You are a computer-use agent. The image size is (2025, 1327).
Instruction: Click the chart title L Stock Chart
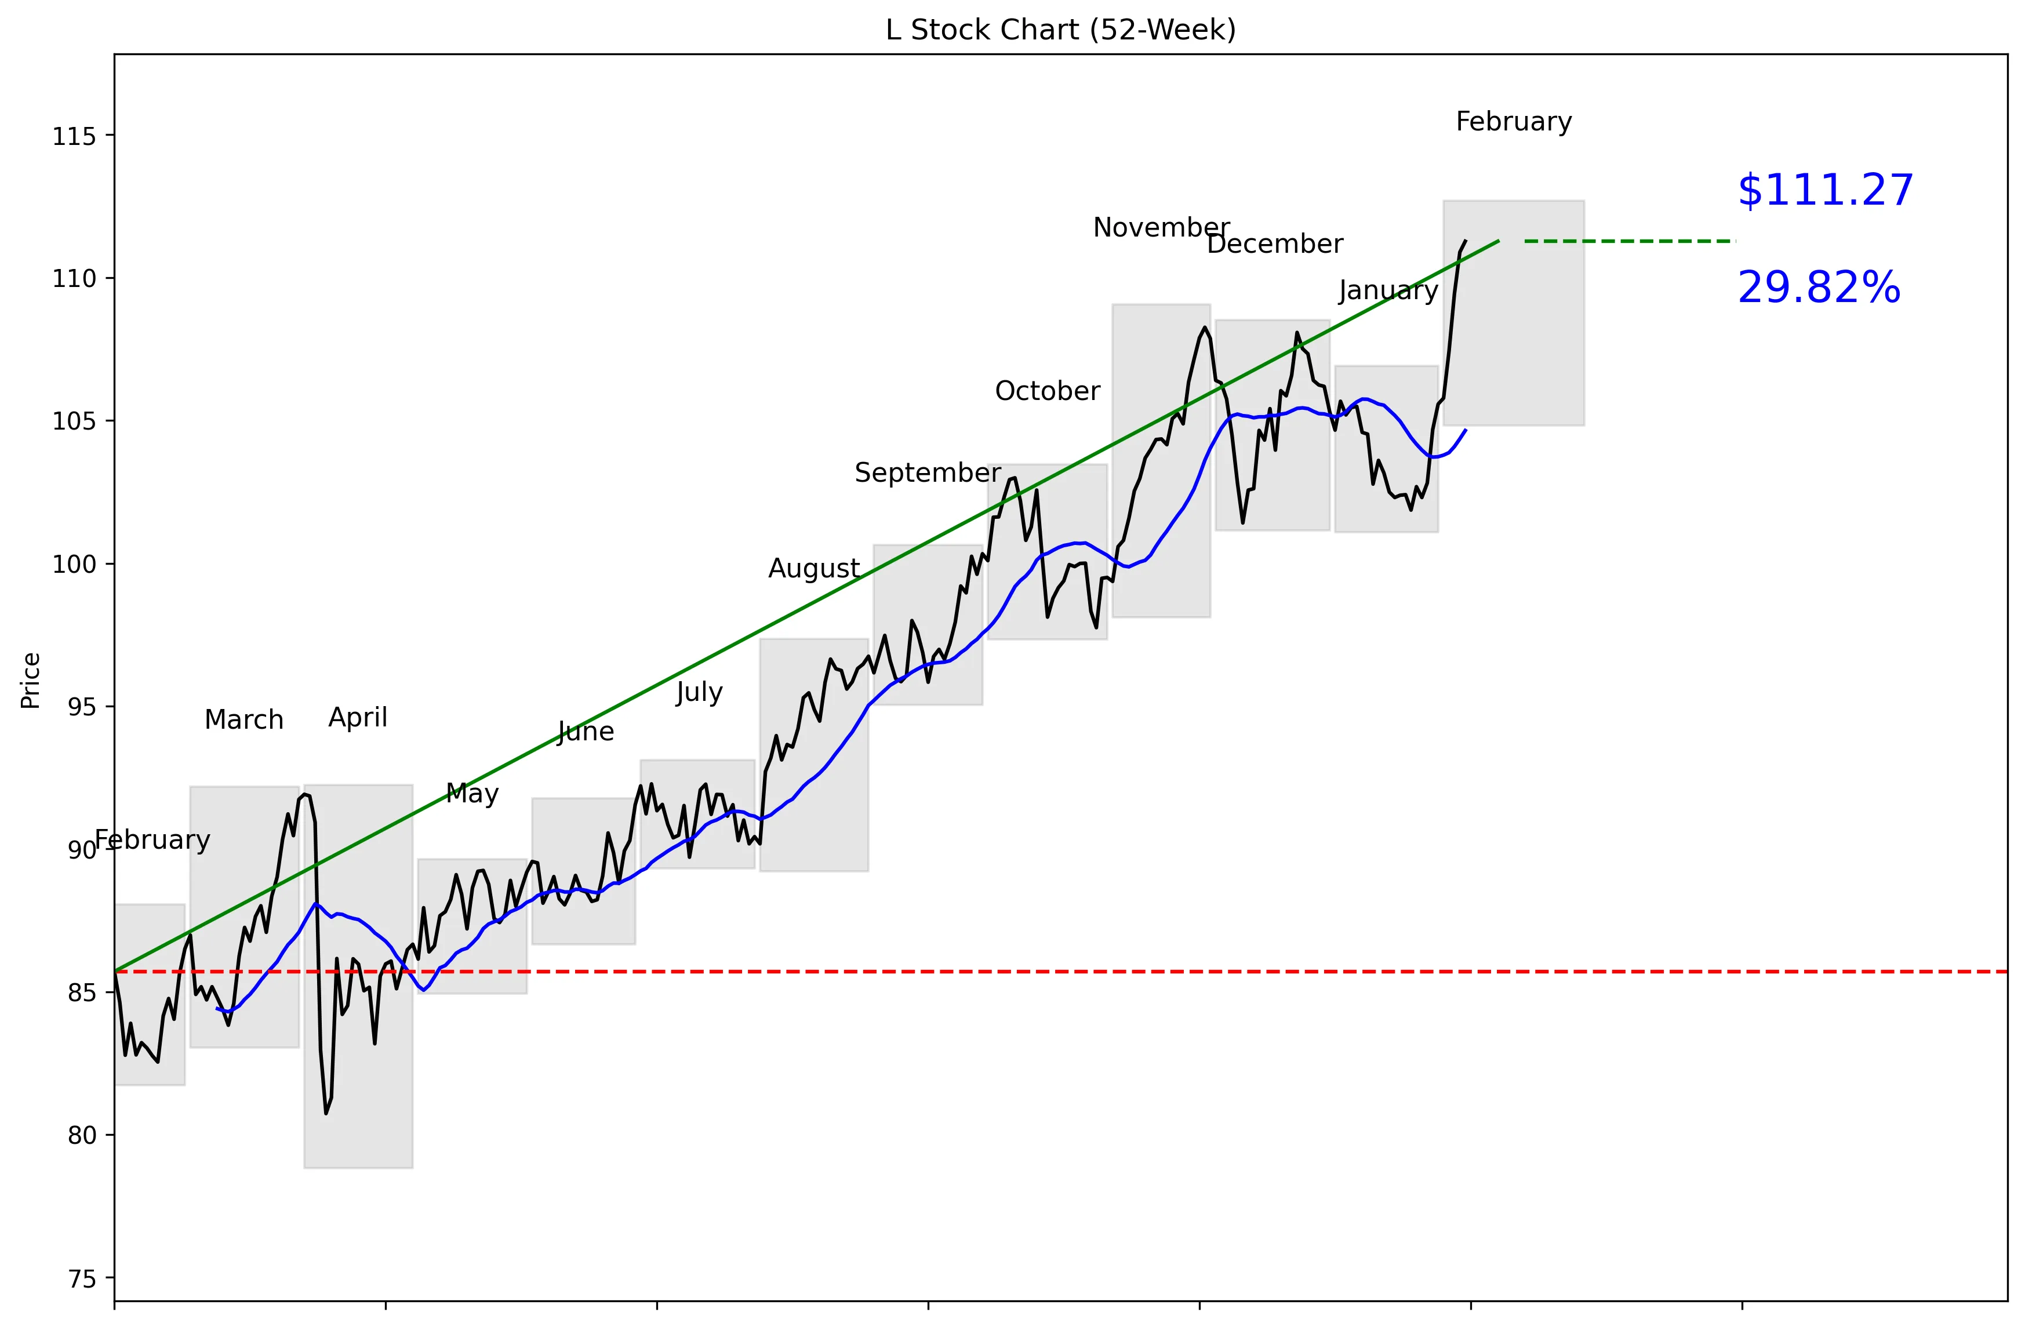(x=1060, y=30)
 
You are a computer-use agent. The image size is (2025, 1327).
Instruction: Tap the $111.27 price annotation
(x=1824, y=191)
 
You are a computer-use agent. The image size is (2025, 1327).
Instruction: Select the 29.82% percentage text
(x=1818, y=288)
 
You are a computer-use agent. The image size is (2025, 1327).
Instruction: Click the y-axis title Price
(x=31, y=681)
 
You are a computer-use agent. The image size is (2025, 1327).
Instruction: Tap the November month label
(x=1161, y=228)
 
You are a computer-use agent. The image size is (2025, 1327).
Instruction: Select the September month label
(x=926, y=473)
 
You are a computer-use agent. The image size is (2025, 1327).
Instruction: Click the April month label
(x=357, y=718)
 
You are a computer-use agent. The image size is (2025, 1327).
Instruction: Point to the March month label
(x=243, y=721)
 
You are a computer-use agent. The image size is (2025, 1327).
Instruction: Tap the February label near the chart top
(x=1513, y=122)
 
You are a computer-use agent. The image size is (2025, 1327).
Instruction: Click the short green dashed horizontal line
(x=1630, y=242)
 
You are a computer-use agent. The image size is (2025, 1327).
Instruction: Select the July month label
(x=699, y=692)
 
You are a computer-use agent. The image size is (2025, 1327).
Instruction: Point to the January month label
(x=1388, y=291)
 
